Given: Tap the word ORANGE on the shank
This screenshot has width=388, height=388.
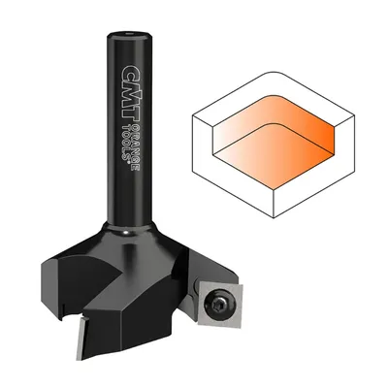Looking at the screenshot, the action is point(136,144).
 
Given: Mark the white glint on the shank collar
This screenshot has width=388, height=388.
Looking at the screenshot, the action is point(127,232).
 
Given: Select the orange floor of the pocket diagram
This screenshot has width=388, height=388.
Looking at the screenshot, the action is point(274,156).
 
